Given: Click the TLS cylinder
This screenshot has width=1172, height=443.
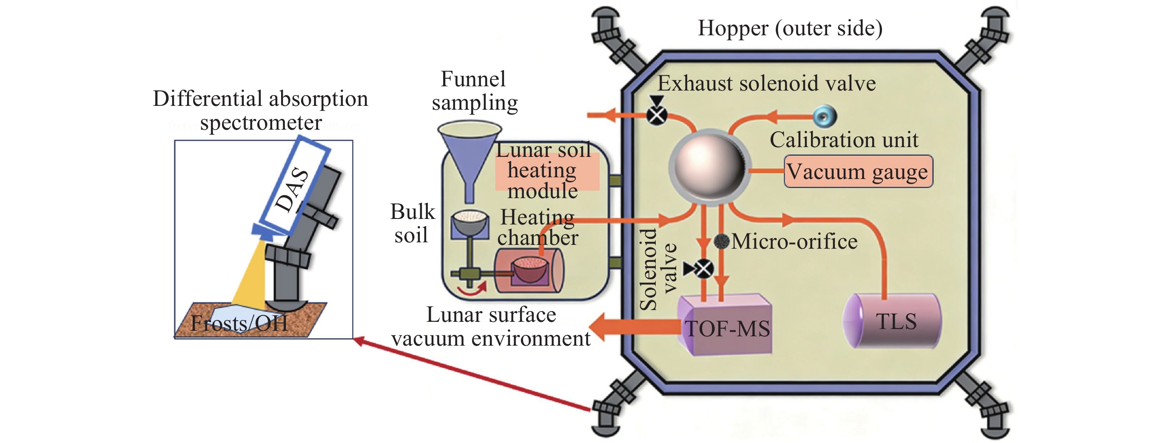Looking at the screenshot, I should (x=892, y=321).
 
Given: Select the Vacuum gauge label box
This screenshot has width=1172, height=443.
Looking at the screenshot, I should (x=858, y=171).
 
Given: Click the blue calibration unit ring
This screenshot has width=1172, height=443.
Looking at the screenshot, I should (x=824, y=116).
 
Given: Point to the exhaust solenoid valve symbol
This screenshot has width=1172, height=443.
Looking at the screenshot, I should (x=657, y=115).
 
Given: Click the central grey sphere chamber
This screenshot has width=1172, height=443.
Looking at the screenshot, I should (x=709, y=168).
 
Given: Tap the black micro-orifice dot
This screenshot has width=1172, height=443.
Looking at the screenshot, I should (x=722, y=241).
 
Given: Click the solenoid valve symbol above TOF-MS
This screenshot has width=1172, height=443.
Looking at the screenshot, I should (x=703, y=269).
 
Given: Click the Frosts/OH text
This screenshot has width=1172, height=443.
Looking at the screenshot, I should (x=239, y=324).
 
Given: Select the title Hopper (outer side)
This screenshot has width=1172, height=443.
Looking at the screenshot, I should (x=790, y=28).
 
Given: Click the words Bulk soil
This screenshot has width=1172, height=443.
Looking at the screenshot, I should (x=412, y=223).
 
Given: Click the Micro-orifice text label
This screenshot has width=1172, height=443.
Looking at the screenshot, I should (x=794, y=241).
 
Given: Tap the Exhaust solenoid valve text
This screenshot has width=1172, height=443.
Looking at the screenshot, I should (x=767, y=84).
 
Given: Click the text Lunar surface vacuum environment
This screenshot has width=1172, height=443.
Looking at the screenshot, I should (x=490, y=327).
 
